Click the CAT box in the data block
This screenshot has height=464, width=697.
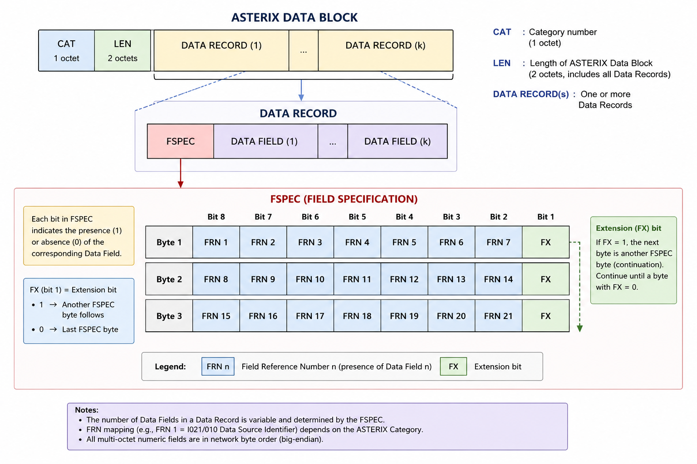click(x=67, y=51)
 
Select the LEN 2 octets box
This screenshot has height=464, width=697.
click(x=123, y=51)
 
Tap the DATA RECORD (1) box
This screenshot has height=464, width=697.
click(x=221, y=51)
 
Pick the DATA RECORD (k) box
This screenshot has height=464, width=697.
click(x=386, y=51)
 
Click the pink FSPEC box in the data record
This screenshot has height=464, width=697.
click(x=181, y=141)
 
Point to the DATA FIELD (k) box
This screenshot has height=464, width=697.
click(x=398, y=141)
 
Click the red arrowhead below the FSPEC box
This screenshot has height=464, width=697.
click(x=181, y=184)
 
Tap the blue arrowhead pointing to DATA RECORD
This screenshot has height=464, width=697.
click(x=301, y=97)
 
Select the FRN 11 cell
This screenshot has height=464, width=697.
click(x=357, y=279)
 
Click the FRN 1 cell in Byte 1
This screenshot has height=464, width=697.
click(x=216, y=242)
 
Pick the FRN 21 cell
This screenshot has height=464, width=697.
click(x=499, y=316)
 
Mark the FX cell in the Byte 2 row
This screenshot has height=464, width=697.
click(x=546, y=279)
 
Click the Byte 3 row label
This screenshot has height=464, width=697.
click(x=169, y=316)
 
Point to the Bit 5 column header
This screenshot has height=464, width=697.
click(x=357, y=217)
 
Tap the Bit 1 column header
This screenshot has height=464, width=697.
click(x=546, y=217)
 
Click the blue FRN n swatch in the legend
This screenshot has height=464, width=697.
click(x=218, y=367)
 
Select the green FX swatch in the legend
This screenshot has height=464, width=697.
click(x=453, y=367)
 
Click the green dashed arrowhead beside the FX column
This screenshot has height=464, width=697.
click(x=579, y=328)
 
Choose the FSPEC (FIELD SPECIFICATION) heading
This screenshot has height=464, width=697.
click(x=344, y=199)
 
